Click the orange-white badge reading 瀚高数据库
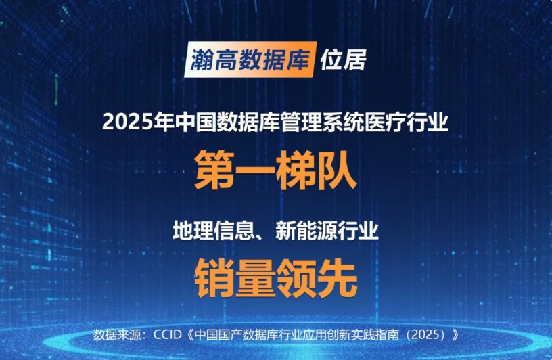250,60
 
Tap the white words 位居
343,60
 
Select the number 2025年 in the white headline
137,122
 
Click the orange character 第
214,170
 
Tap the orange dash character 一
255,170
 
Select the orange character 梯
296,170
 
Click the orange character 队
337,170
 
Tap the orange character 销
214,278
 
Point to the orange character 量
256,278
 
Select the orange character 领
296,278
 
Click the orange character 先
338,278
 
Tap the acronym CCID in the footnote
167,334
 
